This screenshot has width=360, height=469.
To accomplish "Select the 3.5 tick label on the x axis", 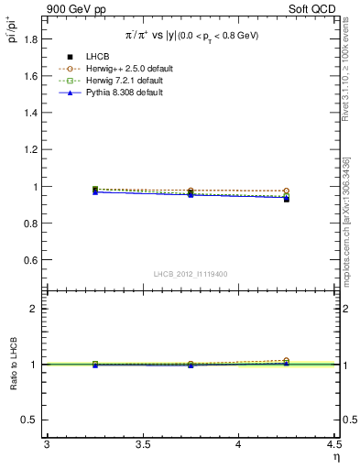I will [x=142, y=444].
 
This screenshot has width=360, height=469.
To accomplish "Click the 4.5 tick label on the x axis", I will [x=333, y=444].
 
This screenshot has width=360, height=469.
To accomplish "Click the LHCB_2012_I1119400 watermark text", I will [x=191, y=275].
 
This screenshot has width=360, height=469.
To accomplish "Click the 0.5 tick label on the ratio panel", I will [x=31, y=420].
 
